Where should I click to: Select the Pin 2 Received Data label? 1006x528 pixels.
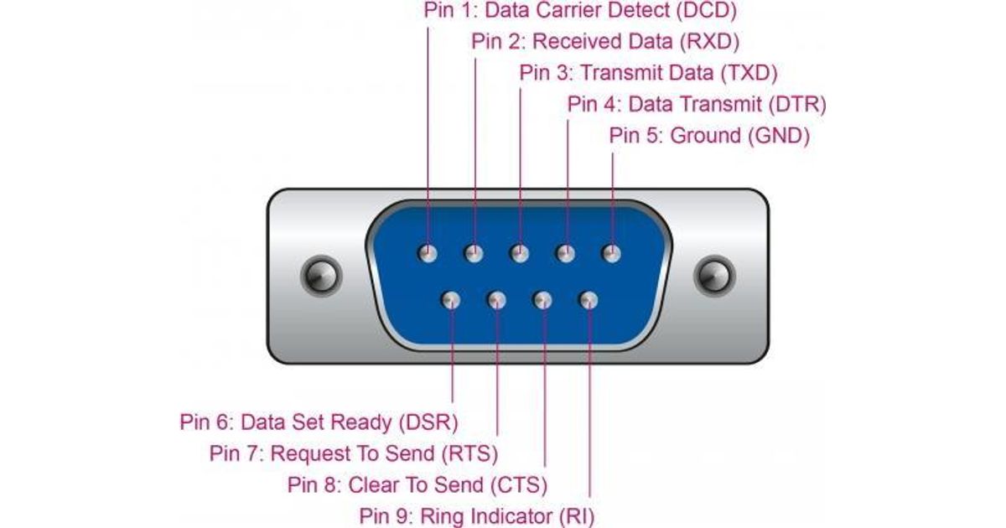click(x=605, y=41)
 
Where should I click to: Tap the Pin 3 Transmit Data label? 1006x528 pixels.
click(x=648, y=72)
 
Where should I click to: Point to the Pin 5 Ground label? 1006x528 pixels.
click(x=709, y=135)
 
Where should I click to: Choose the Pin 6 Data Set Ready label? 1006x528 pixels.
click(x=319, y=421)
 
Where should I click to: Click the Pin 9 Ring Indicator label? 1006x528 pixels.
click(x=476, y=515)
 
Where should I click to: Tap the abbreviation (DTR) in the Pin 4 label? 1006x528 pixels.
click(x=797, y=104)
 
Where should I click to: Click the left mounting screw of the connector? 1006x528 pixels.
click(x=321, y=275)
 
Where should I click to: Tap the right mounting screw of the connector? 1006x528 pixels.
click(x=714, y=275)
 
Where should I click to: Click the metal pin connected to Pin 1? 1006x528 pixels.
click(x=428, y=252)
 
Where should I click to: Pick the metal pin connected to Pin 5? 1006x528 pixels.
click(x=611, y=252)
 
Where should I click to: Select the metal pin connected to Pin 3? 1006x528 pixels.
click(x=520, y=252)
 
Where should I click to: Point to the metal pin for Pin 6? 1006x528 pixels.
click(x=452, y=300)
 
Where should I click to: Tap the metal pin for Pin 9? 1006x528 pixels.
click(x=589, y=300)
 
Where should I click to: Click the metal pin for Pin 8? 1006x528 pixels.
click(x=543, y=300)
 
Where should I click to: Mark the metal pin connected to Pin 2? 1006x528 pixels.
click(x=474, y=252)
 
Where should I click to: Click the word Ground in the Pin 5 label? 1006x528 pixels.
click(x=705, y=135)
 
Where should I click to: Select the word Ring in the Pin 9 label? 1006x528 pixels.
click(x=439, y=515)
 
